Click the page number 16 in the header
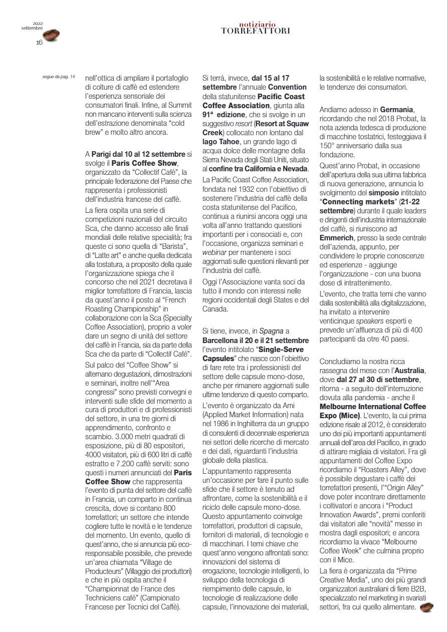pos(39,43)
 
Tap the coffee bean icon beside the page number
pos(51,35)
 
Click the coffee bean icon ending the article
pos(426,607)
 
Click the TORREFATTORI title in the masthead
pos(256,31)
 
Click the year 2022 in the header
pos(39,23)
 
